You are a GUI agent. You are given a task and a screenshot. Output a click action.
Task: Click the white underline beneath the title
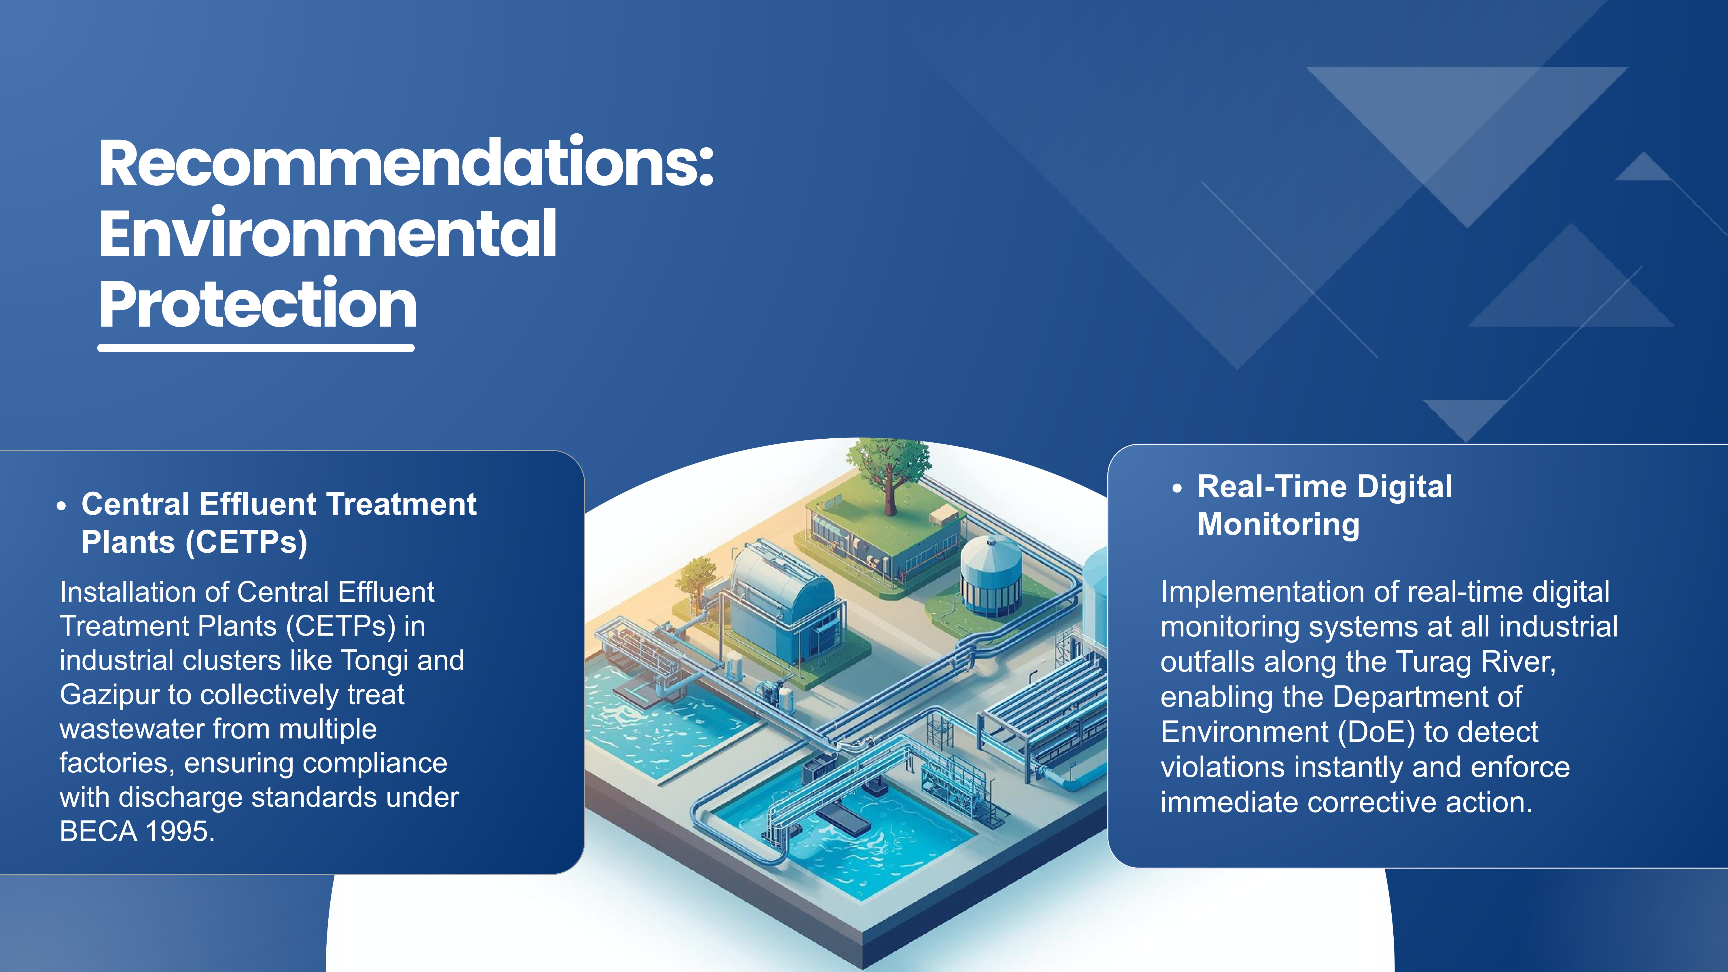point(255,348)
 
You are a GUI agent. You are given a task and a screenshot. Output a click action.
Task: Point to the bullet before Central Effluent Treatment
point(62,507)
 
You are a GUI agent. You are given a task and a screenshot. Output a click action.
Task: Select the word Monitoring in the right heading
point(1278,524)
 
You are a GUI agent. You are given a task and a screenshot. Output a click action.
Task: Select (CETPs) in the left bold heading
point(246,542)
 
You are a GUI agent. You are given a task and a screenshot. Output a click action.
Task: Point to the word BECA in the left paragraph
point(98,832)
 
